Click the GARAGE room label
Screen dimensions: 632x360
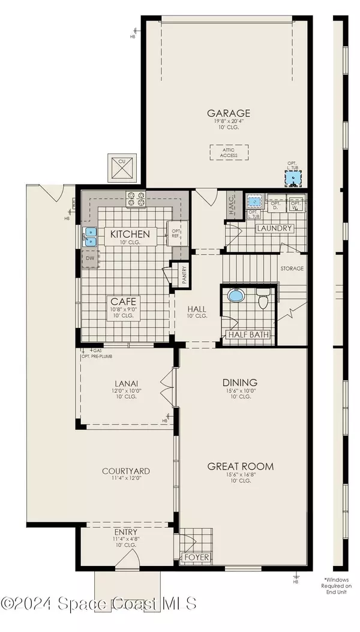[x=229, y=113]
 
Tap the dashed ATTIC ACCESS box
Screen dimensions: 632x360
[x=229, y=152]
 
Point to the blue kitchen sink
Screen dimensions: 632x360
[x=90, y=237]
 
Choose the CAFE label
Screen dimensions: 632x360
[x=124, y=301]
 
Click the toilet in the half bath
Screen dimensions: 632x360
[x=263, y=299]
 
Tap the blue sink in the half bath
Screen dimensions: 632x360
[x=235, y=297]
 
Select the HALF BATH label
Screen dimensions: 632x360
[x=248, y=335]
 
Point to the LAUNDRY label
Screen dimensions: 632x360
[x=274, y=228]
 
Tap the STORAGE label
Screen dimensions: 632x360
[x=292, y=269]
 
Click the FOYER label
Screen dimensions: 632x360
[x=196, y=557]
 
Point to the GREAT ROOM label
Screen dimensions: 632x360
[x=241, y=466]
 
